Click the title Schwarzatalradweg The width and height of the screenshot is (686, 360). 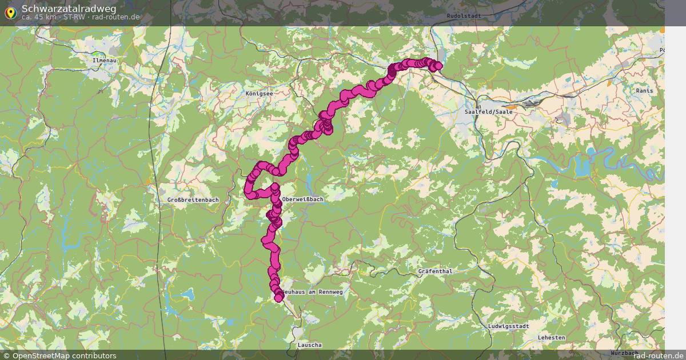69,8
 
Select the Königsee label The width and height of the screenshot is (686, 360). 259,93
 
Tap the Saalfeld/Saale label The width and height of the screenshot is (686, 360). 489,112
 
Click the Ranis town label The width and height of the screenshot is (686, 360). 644,90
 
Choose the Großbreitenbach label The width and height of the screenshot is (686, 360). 193,199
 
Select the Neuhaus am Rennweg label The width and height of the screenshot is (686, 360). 312,292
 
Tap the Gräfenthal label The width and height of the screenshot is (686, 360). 435,271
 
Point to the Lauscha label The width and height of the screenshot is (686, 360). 309,345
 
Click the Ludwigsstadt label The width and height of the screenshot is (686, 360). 509,326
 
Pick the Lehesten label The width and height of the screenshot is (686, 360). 551,338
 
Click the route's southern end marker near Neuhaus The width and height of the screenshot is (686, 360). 278,298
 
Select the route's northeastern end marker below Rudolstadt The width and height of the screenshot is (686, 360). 438,66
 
